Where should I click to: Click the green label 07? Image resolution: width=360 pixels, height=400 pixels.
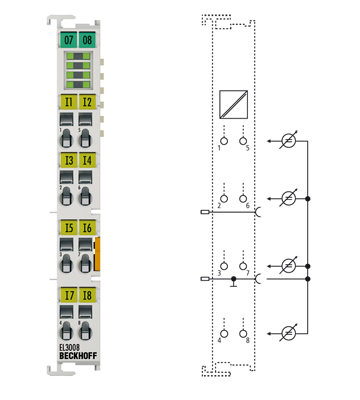(67, 40)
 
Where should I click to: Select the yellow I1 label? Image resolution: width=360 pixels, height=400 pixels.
(67, 102)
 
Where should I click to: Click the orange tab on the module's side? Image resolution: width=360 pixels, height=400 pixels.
(98, 254)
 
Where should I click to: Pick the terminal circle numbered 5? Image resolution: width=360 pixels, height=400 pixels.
(244, 142)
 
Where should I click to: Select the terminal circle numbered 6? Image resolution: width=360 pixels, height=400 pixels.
(244, 200)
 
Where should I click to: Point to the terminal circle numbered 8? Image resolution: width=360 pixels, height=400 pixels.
(244, 333)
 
